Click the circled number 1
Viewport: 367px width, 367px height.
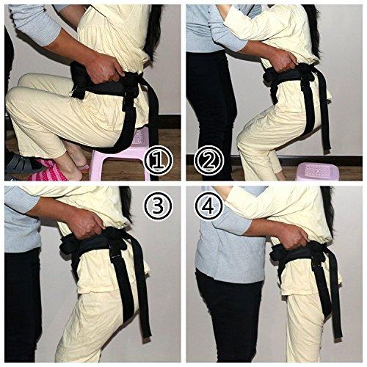coord(159,161)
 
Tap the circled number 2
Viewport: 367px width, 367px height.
coord(208,160)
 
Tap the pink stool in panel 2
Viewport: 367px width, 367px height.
coord(318,172)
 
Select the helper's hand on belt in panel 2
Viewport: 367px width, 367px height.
coord(284,61)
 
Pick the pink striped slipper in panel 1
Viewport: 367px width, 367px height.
coord(49,171)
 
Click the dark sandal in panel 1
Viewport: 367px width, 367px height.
coord(21,163)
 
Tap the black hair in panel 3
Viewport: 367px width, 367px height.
coord(126,203)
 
